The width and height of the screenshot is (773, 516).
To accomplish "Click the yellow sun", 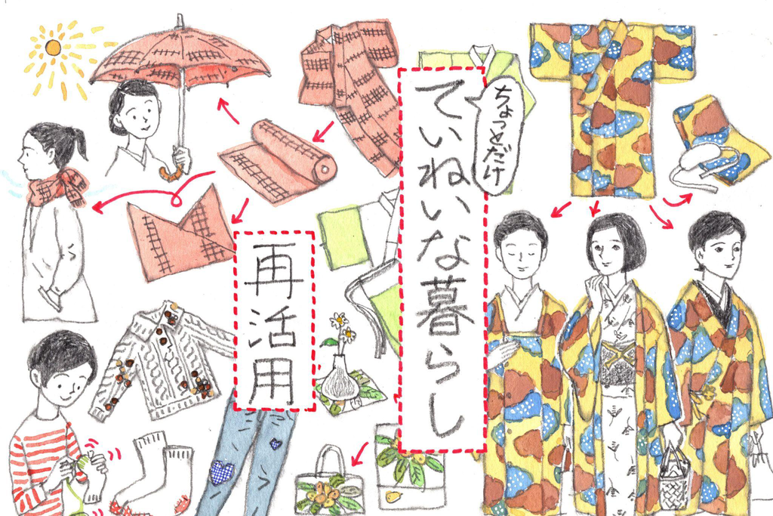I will pos(53,48).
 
